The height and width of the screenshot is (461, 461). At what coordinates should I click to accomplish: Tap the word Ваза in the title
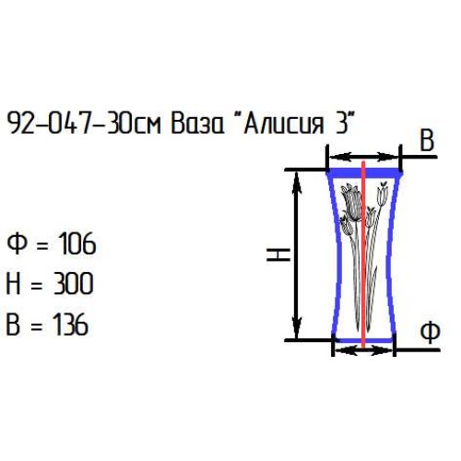point(196,125)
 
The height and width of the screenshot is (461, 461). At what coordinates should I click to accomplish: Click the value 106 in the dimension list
point(76,245)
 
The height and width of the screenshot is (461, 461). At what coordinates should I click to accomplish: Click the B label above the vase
point(426,141)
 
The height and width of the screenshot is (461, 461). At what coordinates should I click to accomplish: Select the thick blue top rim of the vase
point(365,172)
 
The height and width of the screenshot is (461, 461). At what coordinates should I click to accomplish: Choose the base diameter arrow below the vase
point(363,349)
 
